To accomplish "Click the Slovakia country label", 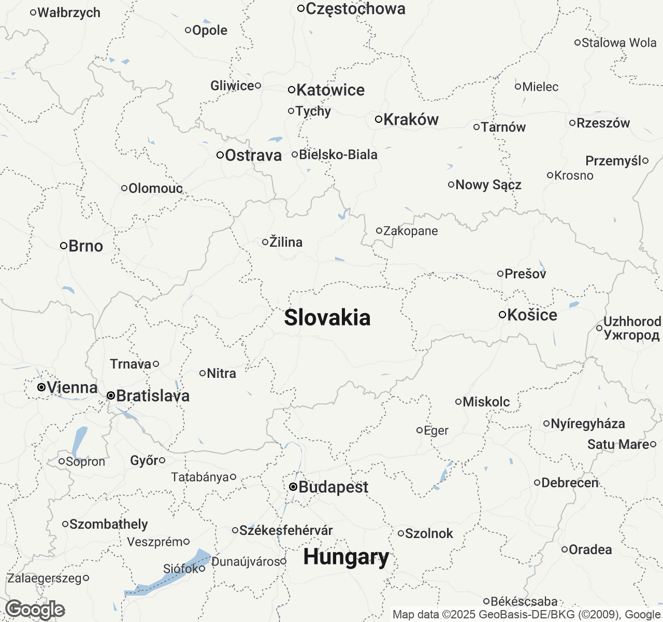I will pyautogui.click(x=327, y=318).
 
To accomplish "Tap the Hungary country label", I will pyautogui.click(x=346, y=557).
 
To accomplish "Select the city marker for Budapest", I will pyautogui.click(x=293, y=487).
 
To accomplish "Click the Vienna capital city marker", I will pyautogui.click(x=41, y=387).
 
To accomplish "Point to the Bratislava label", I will pyautogui.click(x=153, y=396).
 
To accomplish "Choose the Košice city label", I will pyautogui.click(x=532, y=315).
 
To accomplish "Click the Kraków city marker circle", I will pyautogui.click(x=379, y=119).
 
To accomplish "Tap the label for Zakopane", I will pyautogui.click(x=410, y=231).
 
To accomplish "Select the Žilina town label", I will pyautogui.click(x=286, y=242).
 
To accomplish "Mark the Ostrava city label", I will pyautogui.click(x=253, y=155).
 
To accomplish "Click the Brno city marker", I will pyautogui.click(x=64, y=246).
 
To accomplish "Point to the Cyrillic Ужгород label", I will pyautogui.click(x=631, y=335).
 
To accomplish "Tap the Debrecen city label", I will pyautogui.click(x=570, y=483).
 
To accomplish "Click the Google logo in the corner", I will pyautogui.click(x=35, y=610).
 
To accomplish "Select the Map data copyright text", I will pyautogui.click(x=526, y=615).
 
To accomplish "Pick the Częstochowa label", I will pyautogui.click(x=355, y=9).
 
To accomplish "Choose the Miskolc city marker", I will pyautogui.click(x=458, y=402).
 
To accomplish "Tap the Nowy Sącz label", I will pyautogui.click(x=488, y=185).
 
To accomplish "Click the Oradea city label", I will pyautogui.click(x=590, y=549).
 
